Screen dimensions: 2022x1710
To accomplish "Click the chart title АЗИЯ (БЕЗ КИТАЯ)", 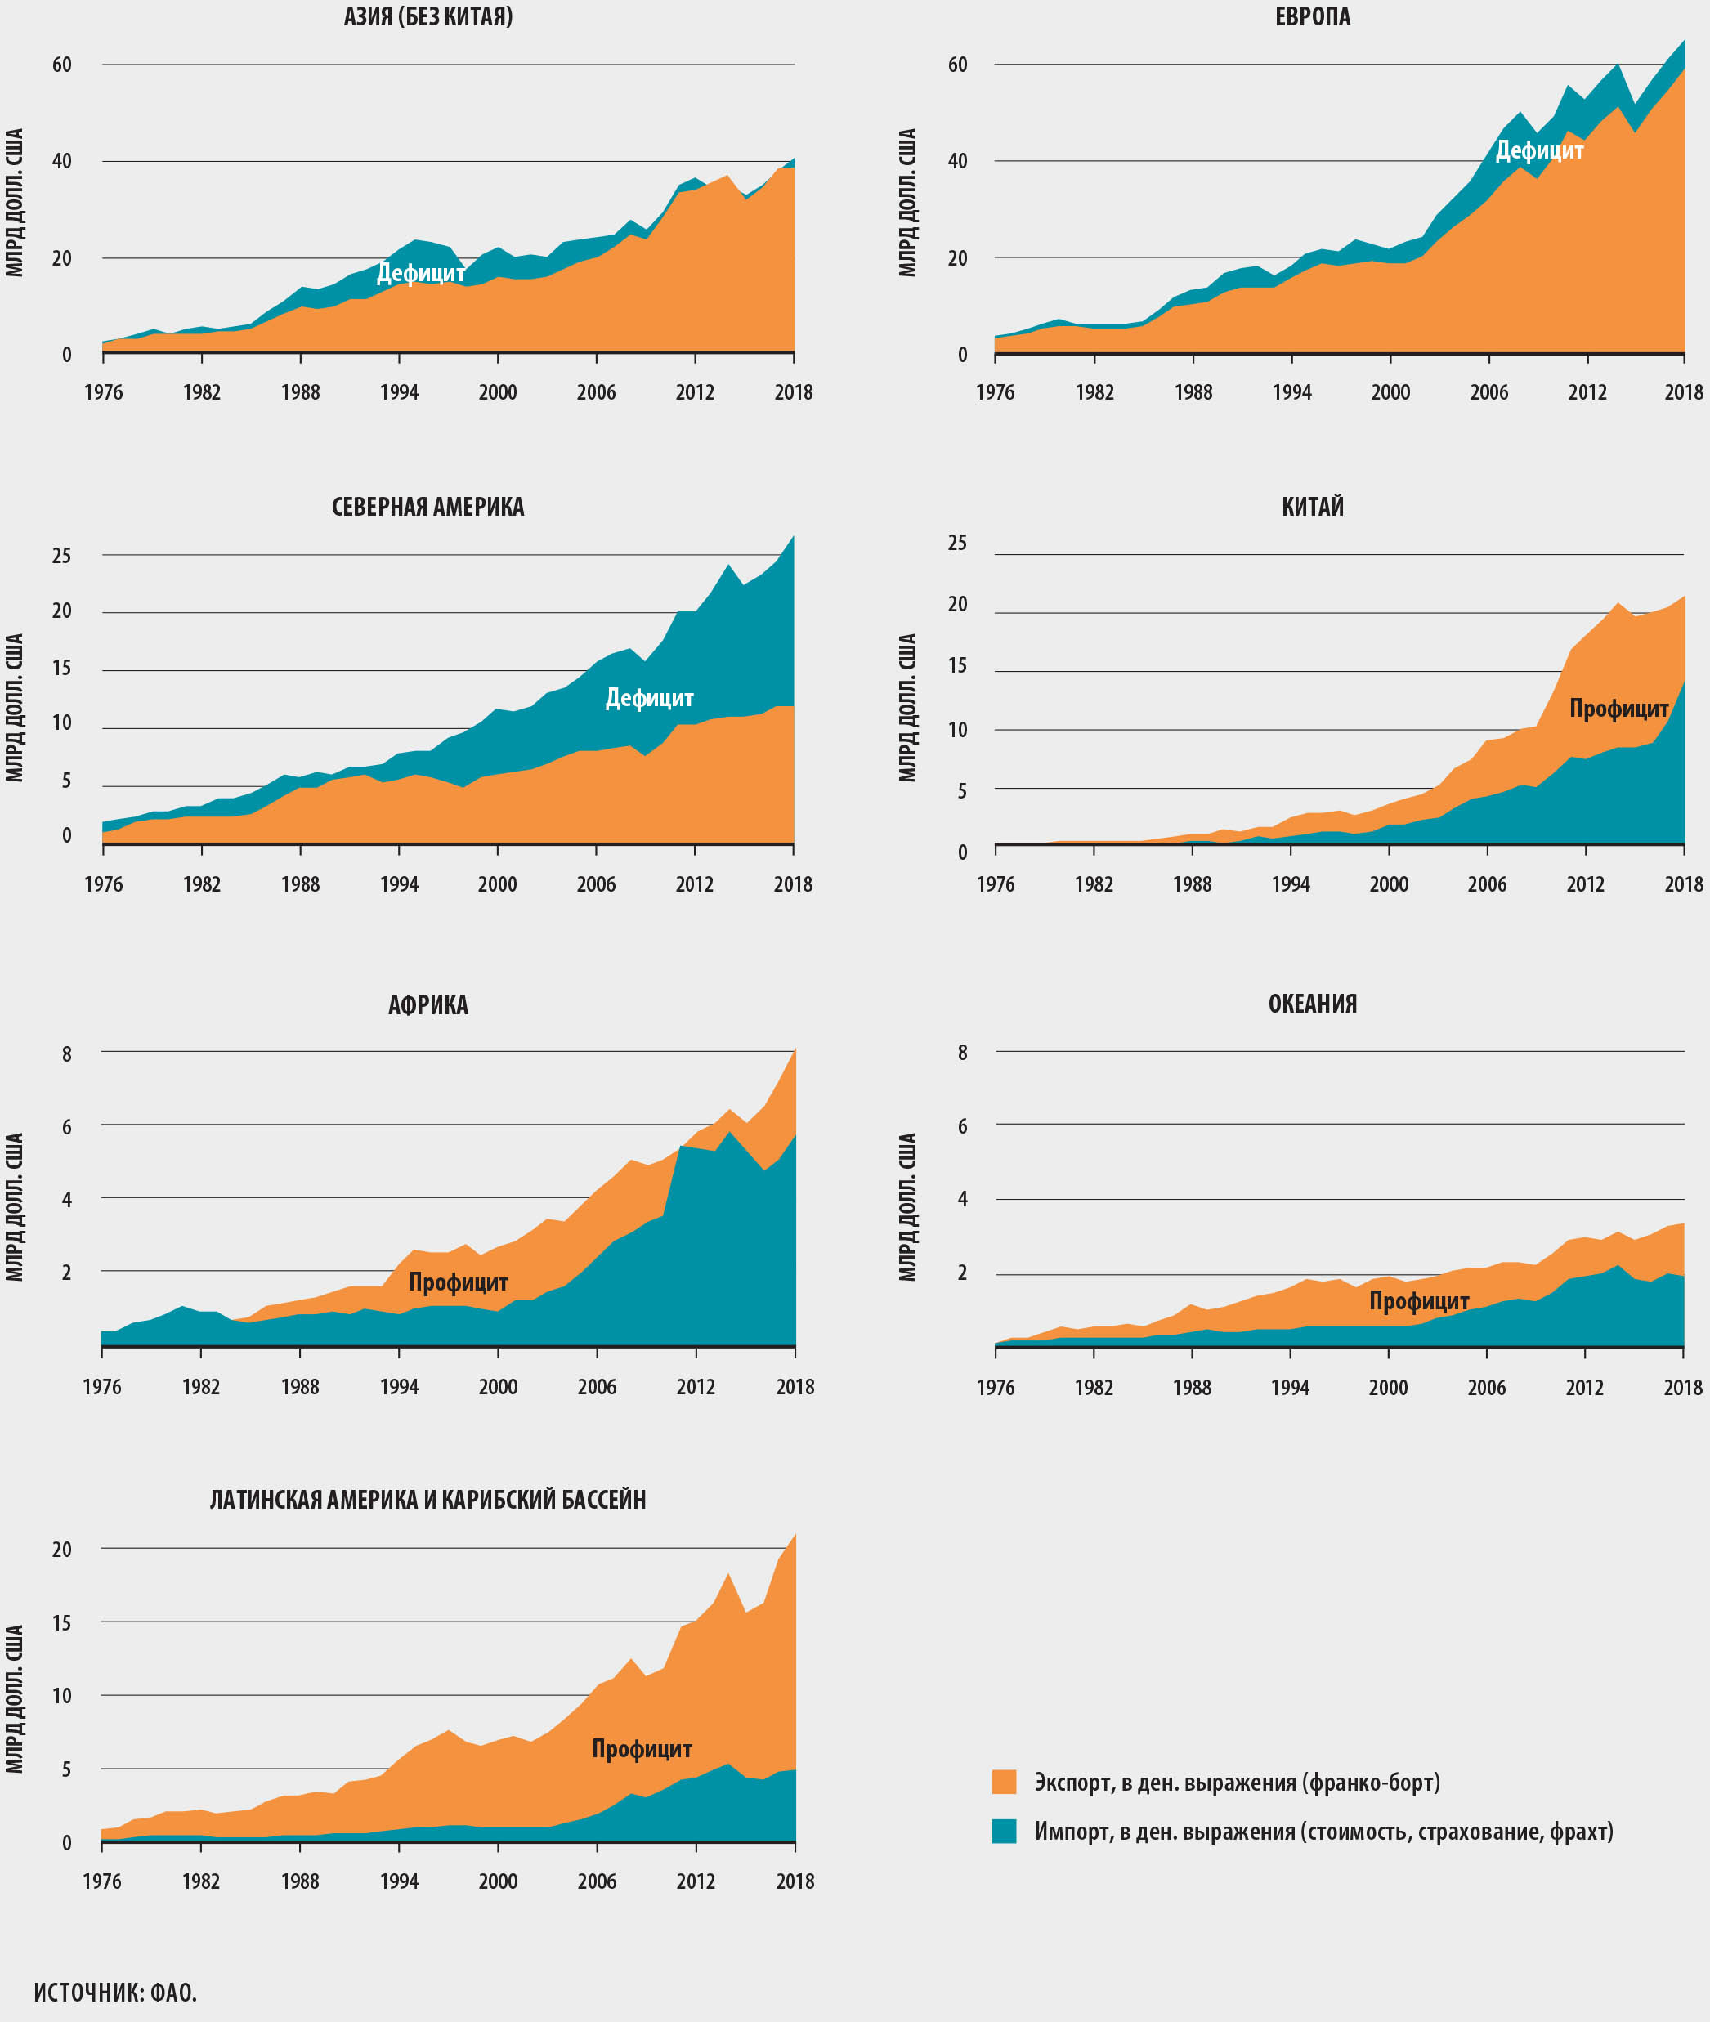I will (427, 16).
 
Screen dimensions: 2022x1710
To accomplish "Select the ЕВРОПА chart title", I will (1313, 16).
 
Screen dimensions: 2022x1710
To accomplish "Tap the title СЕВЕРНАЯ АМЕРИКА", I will (427, 507).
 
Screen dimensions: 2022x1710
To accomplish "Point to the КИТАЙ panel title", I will (1313, 507).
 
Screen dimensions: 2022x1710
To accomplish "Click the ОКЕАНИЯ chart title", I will (1313, 1004).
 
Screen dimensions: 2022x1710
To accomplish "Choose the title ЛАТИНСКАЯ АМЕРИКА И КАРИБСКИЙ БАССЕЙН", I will (427, 1500).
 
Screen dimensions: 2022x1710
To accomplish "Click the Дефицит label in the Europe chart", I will (1539, 150).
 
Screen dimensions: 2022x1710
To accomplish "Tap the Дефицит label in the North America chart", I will (650, 698).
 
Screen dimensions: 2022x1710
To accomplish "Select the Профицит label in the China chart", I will (1619, 709).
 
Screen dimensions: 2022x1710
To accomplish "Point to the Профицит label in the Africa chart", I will (459, 1282).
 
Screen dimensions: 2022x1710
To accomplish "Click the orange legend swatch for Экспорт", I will (1005, 1782).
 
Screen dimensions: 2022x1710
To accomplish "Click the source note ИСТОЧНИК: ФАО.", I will (115, 1992).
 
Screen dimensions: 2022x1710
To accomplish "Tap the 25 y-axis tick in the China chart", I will (957, 543).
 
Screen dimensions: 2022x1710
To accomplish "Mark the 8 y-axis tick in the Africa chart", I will (67, 1053).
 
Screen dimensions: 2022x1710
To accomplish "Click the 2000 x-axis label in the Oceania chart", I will (1388, 1387).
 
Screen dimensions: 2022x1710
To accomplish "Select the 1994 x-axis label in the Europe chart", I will (1291, 392).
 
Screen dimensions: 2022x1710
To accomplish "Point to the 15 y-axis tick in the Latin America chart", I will (62, 1622).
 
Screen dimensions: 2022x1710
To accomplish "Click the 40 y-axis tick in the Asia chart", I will (62, 161).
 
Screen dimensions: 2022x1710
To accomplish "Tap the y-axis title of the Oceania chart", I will (907, 1207).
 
